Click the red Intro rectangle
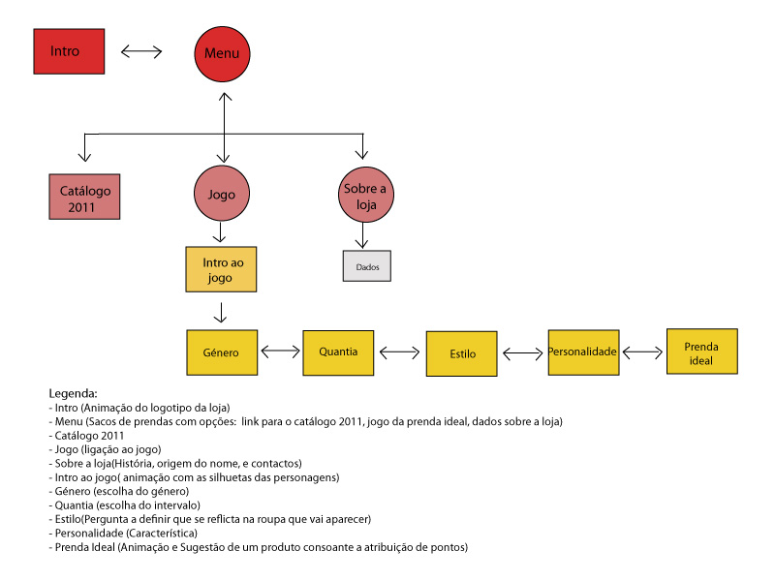point(68,50)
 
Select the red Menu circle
point(222,53)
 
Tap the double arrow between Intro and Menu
point(142,51)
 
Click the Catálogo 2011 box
point(85,198)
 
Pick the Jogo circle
point(223,194)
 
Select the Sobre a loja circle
point(365,195)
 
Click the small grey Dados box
point(366,265)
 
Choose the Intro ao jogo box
point(222,269)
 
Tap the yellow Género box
point(222,352)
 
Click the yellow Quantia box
point(337,352)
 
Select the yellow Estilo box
point(462,353)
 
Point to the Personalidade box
point(583,352)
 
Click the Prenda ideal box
point(701,352)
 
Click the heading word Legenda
point(74,394)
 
